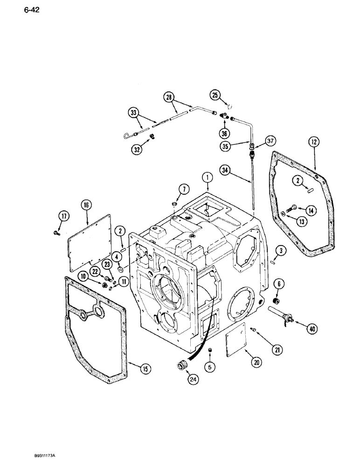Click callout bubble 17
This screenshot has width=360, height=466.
point(63,215)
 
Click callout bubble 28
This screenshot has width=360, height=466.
point(169,97)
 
